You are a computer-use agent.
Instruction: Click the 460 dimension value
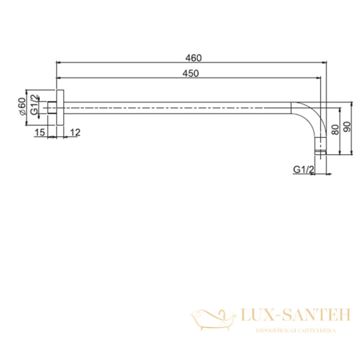point(193,58)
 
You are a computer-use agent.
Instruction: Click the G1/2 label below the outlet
point(304,170)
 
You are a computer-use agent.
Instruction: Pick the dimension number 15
point(40,132)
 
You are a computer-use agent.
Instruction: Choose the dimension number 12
point(76,132)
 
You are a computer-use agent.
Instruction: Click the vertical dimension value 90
point(347,128)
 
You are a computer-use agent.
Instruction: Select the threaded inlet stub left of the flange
point(52,108)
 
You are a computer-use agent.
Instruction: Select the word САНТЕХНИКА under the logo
point(313,331)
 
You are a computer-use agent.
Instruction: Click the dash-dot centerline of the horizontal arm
point(180,108)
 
